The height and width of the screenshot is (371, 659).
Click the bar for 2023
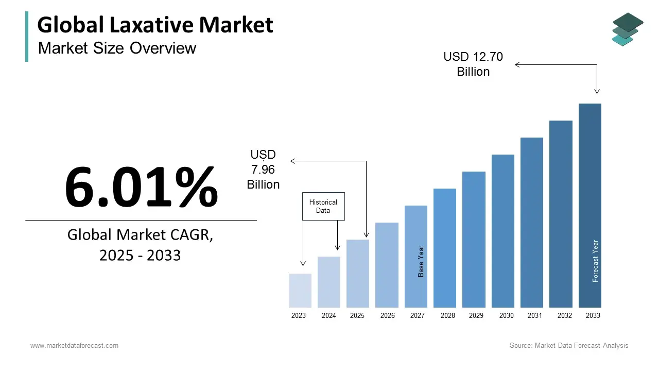(x=300, y=291)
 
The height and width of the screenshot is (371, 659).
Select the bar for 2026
(x=387, y=265)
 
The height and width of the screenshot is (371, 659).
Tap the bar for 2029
(x=474, y=240)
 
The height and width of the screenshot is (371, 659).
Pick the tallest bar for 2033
(x=589, y=206)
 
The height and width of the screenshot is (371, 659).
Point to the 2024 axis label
(x=328, y=315)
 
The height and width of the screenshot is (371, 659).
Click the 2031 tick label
(x=535, y=315)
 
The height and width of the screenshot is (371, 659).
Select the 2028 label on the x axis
(x=447, y=315)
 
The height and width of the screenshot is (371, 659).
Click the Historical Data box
(x=323, y=207)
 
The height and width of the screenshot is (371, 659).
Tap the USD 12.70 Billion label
(x=473, y=64)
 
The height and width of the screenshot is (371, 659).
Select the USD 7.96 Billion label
(x=263, y=170)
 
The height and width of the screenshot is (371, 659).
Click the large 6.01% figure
(x=141, y=187)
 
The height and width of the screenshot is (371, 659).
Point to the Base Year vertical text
(x=421, y=261)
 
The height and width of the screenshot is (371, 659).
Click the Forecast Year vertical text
(x=595, y=261)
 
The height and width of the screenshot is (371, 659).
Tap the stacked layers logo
(x=627, y=29)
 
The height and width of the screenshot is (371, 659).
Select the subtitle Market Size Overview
(x=117, y=48)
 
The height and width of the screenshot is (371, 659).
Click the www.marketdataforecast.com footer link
(x=74, y=345)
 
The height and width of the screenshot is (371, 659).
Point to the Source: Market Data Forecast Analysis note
(x=569, y=345)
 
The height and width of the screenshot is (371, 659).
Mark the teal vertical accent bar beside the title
(x=27, y=37)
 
